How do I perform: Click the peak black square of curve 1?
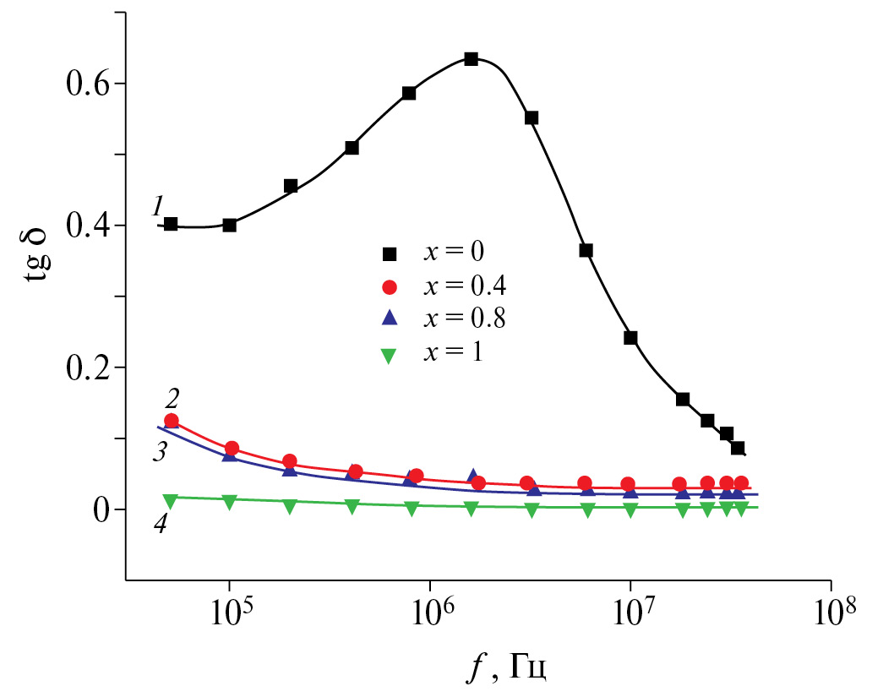(x=472, y=59)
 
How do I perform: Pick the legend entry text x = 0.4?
(x=470, y=287)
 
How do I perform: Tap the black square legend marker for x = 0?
(x=389, y=253)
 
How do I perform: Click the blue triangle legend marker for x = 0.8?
(x=389, y=319)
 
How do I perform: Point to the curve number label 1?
(x=157, y=205)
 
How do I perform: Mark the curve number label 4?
(x=161, y=524)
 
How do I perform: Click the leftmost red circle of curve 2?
(x=172, y=421)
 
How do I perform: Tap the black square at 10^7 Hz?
(x=630, y=338)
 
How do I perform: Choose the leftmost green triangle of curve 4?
(x=170, y=500)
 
